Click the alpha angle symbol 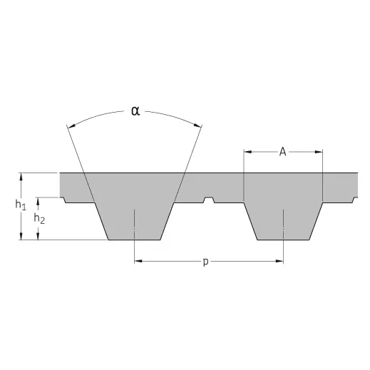click(135, 111)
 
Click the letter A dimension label click(282, 152)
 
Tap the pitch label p click(206, 262)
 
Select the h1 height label click(21, 205)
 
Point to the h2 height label click(39, 218)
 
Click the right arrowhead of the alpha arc click(197, 125)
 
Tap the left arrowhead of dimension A click(247, 152)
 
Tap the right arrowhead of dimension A click(319, 152)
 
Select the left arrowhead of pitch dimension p click(138, 261)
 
